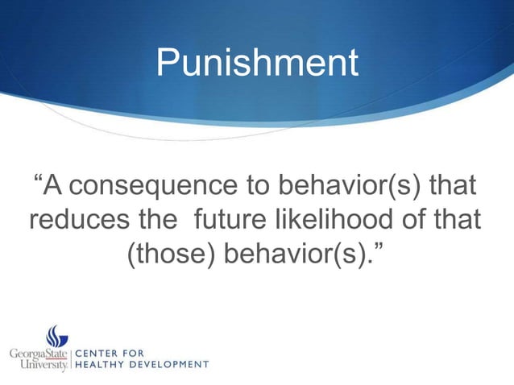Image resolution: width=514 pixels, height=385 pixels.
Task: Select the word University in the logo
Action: point(41,366)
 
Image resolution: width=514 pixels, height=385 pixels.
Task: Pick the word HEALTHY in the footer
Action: point(102,365)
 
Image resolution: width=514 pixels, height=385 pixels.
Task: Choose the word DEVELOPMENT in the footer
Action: point(172,365)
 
